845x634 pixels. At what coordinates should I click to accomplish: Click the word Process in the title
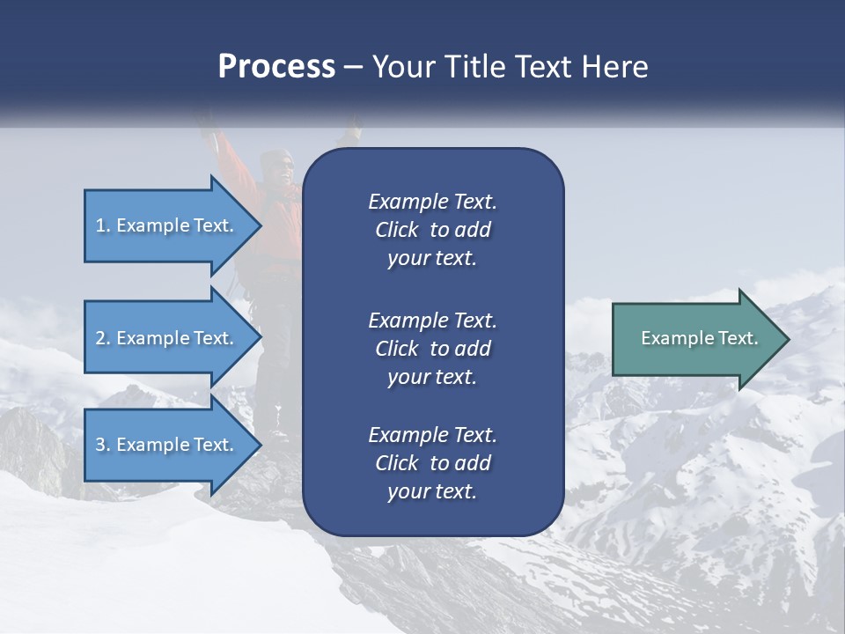[276, 67]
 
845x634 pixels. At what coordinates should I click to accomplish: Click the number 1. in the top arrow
[103, 225]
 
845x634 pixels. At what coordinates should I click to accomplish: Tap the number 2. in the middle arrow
[103, 338]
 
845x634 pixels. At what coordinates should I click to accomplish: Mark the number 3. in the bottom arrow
[103, 445]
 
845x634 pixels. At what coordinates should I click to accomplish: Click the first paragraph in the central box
[432, 230]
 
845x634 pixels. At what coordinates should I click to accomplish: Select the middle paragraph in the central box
[432, 348]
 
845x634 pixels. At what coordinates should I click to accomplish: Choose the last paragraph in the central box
[432, 463]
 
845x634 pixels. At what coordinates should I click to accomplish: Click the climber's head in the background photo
[278, 166]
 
